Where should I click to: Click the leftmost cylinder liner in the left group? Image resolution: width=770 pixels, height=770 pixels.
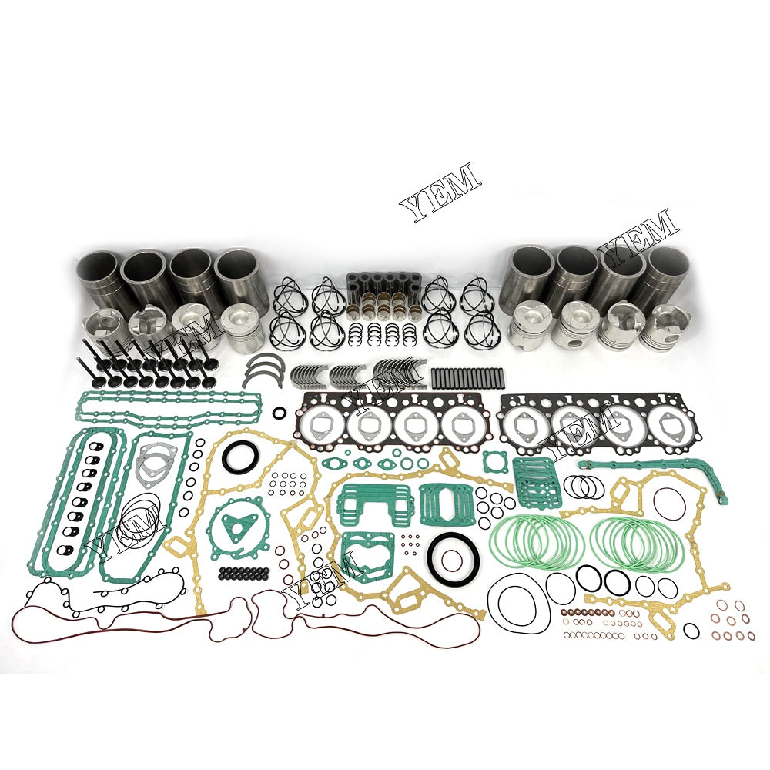coord(99,278)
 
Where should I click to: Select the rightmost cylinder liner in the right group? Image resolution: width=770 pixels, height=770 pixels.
coord(668,278)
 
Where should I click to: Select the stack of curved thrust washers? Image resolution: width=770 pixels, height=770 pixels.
coord(262,368)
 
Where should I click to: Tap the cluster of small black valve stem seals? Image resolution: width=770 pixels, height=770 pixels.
coord(245,574)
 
